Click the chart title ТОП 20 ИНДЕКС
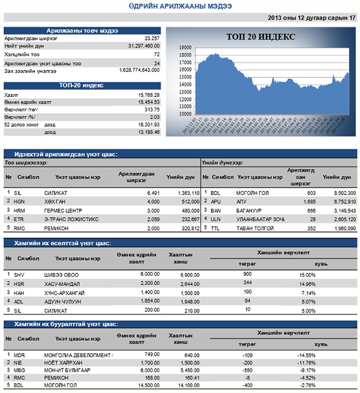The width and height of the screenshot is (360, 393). coord(261,37)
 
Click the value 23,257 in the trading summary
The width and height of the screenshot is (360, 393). coord(152,37)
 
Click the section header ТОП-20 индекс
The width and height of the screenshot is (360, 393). coord(82,85)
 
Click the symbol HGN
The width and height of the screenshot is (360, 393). coord(20,201)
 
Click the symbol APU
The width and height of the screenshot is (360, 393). coord(216,201)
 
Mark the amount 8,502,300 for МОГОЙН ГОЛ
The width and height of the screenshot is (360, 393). coord(342,192)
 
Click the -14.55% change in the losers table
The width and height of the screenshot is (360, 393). coord(305,355)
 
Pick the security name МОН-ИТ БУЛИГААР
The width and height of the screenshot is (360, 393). coord(67,370)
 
